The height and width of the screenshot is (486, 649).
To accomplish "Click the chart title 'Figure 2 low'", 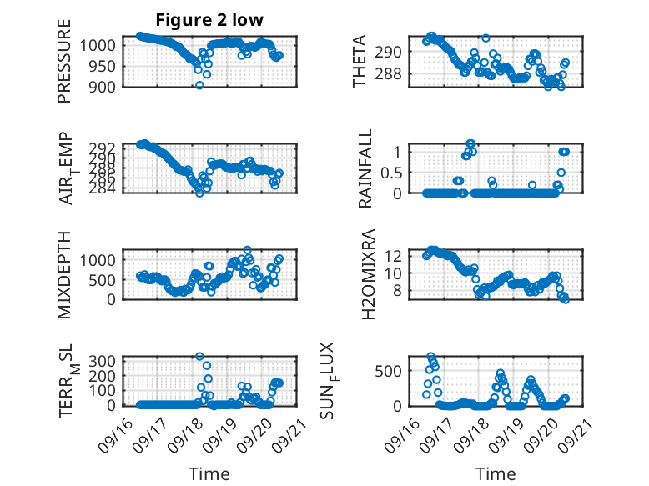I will (x=209, y=21).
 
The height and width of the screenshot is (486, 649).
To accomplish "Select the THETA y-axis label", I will (x=360, y=61).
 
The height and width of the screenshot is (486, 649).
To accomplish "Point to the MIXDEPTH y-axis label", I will (x=66, y=275).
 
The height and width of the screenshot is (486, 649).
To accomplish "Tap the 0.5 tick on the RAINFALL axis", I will (x=392, y=172).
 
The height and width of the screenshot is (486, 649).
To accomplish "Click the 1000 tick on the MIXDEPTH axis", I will (x=101, y=260).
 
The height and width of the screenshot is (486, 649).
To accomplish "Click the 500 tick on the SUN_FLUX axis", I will (x=392, y=370).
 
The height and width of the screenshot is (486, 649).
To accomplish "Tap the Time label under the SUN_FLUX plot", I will (x=496, y=474).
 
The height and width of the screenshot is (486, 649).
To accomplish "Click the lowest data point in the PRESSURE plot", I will (x=199, y=85).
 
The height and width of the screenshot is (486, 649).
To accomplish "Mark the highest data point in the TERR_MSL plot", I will (x=199, y=356).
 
